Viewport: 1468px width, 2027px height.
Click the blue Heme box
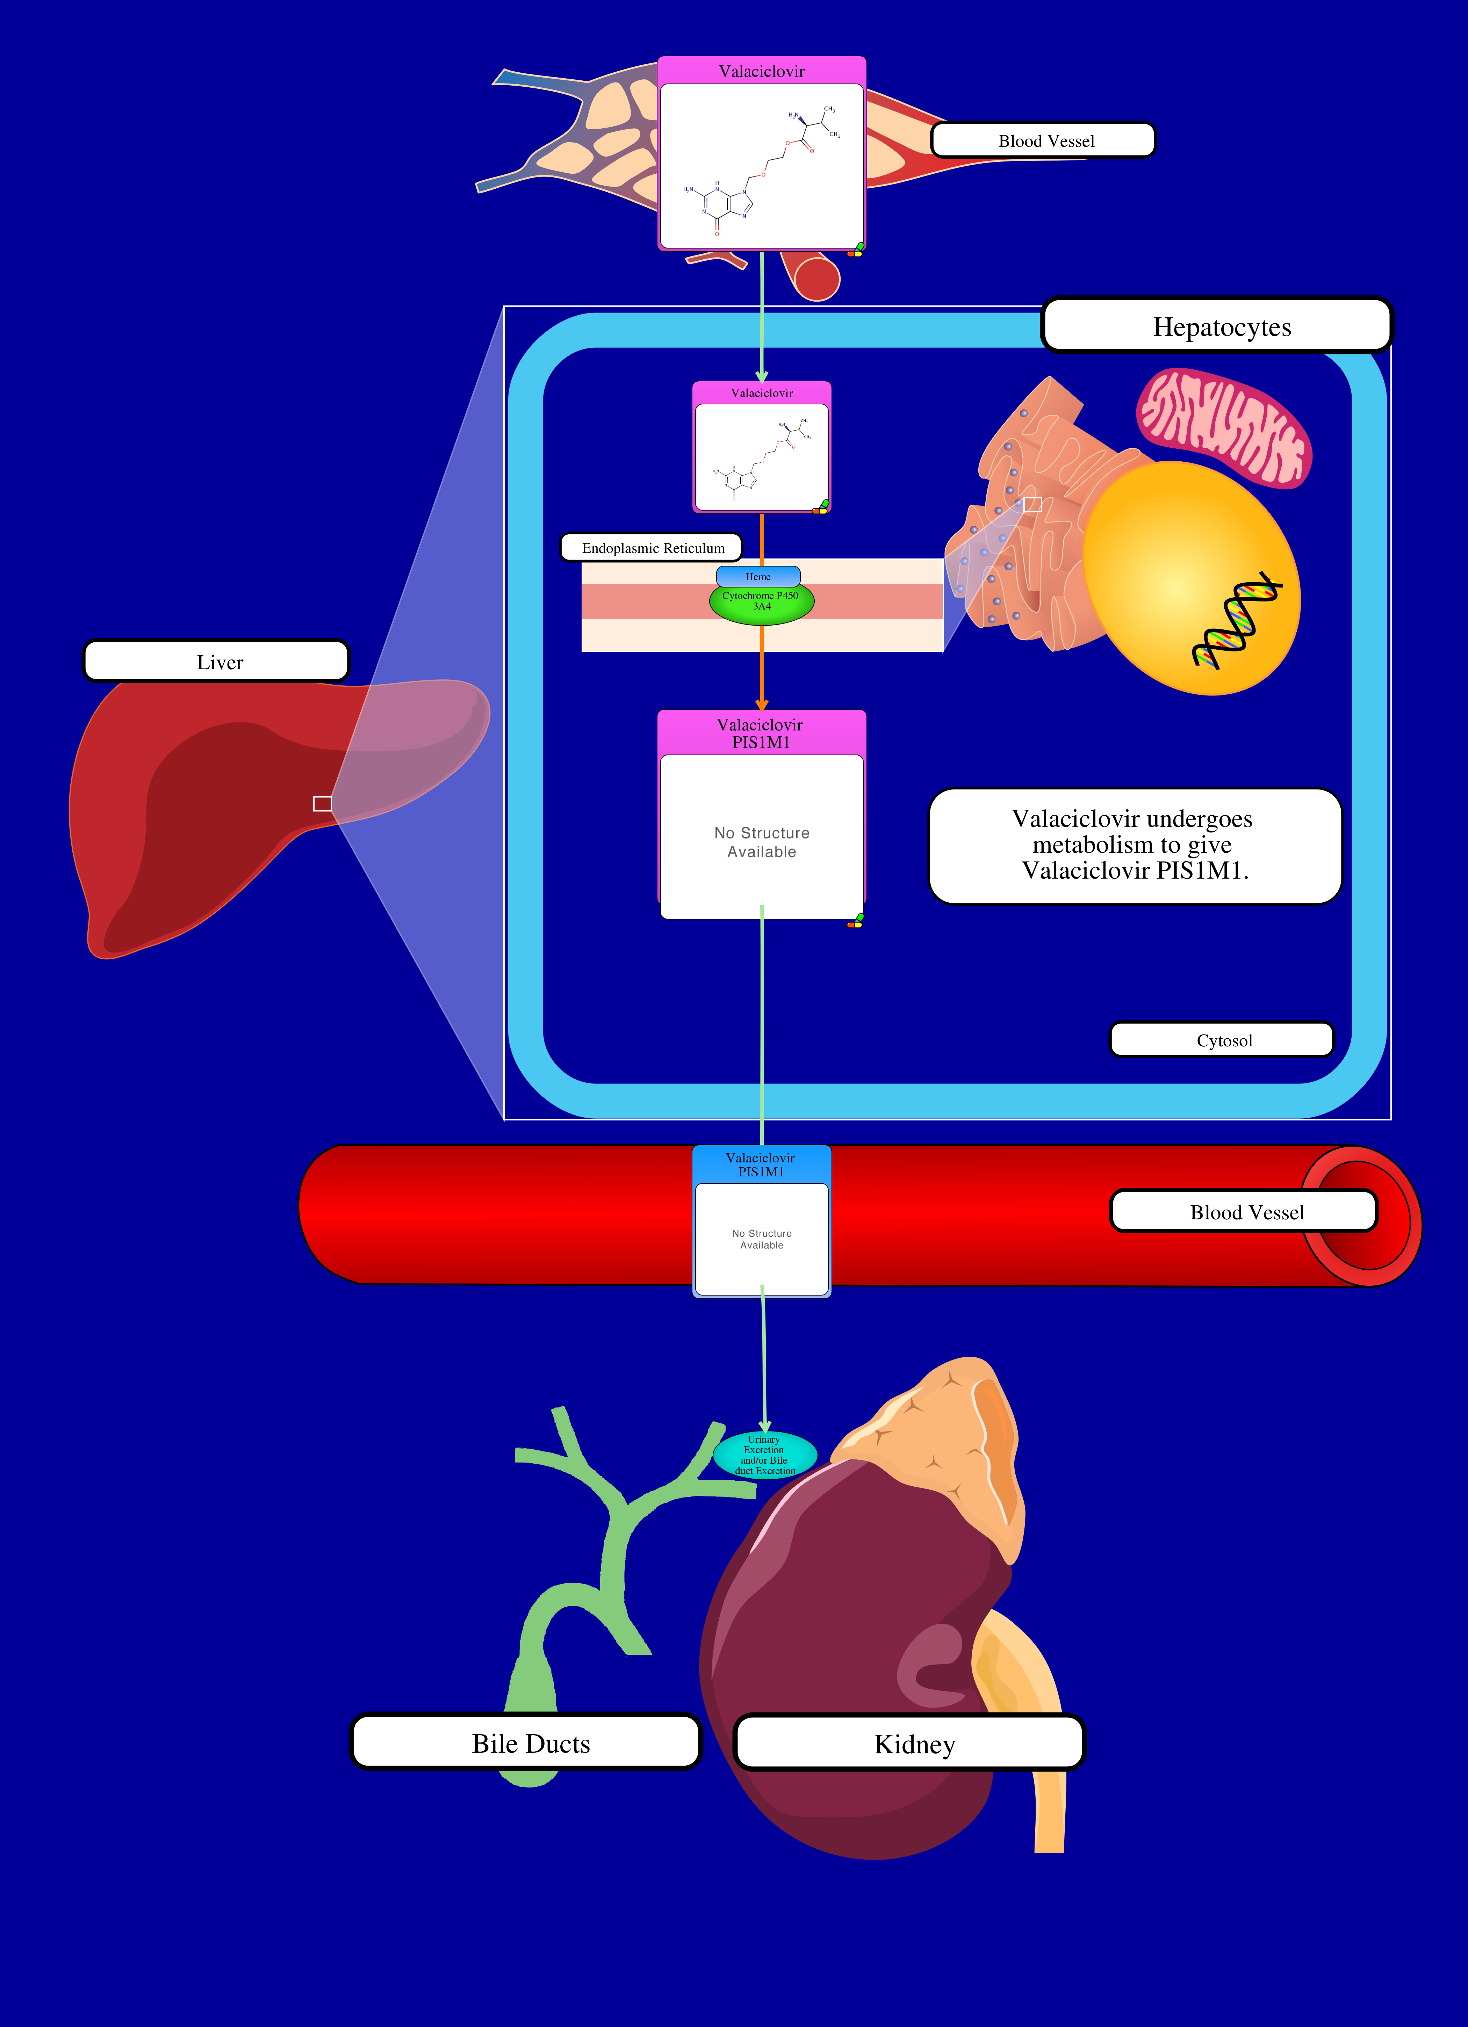(x=757, y=576)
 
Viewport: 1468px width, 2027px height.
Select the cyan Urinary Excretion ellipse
(x=764, y=1454)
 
